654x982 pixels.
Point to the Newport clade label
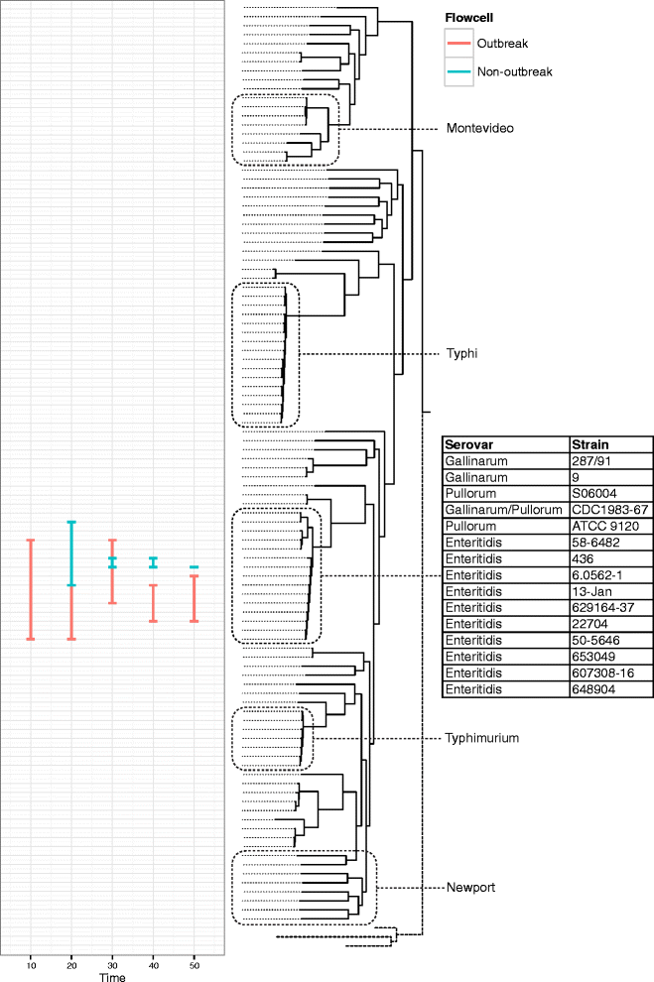pos(467,888)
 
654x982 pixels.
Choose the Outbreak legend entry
pos(503,45)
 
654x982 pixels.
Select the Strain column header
pos(590,444)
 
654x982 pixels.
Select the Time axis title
pos(112,976)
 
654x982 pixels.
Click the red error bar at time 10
pos(31,589)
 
